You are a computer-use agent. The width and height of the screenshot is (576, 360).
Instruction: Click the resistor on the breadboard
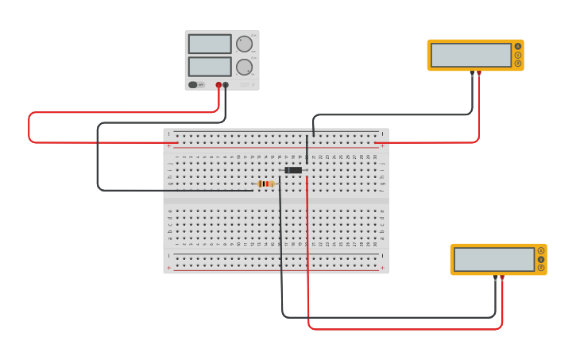point(265,184)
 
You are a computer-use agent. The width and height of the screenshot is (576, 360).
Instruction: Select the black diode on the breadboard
point(294,170)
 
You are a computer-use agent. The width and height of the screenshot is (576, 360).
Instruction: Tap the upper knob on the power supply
point(243,44)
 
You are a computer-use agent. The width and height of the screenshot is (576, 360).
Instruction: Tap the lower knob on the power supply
point(243,67)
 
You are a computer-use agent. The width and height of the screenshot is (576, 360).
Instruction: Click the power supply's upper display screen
point(210,44)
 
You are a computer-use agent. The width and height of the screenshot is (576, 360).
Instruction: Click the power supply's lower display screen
point(210,66)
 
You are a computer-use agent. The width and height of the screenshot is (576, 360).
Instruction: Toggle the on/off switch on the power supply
point(193,84)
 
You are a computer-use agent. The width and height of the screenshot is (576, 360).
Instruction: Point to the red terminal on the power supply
point(218,85)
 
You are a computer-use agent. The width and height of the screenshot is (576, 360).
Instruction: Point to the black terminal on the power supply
point(226,85)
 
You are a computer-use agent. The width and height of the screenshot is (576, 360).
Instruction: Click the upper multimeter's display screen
point(471,55)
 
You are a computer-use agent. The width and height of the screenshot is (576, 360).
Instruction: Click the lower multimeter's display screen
point(494,259)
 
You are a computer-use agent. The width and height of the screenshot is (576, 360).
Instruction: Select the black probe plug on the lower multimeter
point(495,278)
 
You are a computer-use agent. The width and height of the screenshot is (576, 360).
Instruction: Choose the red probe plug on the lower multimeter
point(502,278)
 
